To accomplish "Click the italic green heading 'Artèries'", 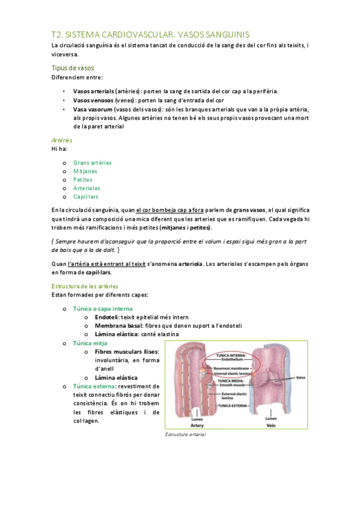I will (x=63, y=140).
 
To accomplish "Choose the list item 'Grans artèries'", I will (x=93, y=162).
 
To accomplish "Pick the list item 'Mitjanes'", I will (x=85, y=171).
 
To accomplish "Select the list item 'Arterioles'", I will (x=87, y=188).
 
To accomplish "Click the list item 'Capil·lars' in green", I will (x=86, y=196).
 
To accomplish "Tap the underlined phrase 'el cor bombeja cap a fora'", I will (x=170, y=209).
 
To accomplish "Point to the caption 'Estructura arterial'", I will (x=185, y=434).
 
